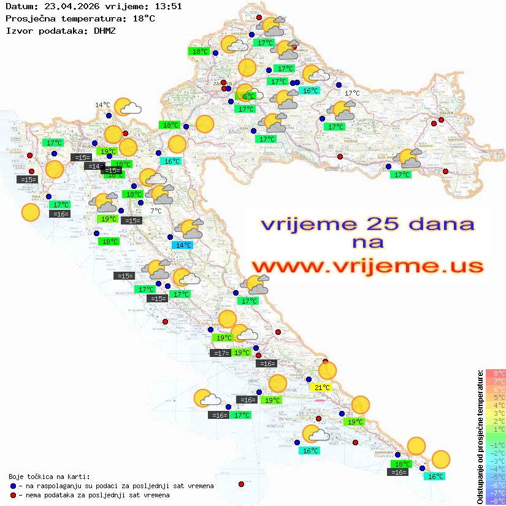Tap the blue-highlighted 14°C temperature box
click(x=183, y=245)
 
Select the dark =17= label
click(x=220, y=353)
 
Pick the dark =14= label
click(x=94, y=166)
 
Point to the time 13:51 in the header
click(x=168, y=7)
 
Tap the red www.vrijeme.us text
click(x=367, y=266)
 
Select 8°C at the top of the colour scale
click(x=496, y=373)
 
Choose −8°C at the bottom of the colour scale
click(x=496, y=500)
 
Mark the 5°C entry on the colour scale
click(x=496, y=397)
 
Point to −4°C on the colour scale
click(x=496, y=469)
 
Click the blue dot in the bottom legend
click(x=13, y=486)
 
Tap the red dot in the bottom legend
click(x=13, y=495)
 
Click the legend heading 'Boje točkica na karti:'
click(x=49, y=476)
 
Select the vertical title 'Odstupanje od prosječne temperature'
click(x=480, y=437)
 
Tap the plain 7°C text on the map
click(x=156, y=210)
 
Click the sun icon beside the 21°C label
click(x=328, y=370)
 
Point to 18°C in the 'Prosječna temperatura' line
click(x=144, y=18)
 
